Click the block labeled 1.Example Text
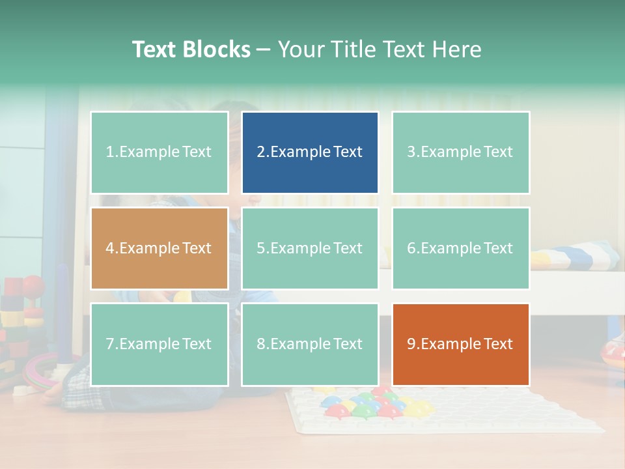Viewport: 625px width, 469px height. (160, 152)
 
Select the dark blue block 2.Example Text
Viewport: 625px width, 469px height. (310, 152)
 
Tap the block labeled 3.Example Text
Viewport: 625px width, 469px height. (460, 152)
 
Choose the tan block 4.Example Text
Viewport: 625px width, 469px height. (160, 248)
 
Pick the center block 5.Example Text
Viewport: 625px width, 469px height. (310, 248)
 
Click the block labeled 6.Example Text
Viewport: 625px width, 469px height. (460, 248)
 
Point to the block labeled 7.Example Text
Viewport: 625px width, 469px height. (160, 344)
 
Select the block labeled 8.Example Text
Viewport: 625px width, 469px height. (310, 344)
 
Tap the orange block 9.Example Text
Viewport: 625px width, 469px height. (460, 344)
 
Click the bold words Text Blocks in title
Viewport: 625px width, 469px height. (191, 50)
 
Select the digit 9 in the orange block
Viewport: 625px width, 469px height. (411, 344)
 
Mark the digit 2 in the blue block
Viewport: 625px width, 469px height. (260, 152)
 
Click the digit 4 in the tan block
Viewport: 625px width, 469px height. (110, 248)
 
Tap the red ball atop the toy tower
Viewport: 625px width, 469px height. (33, 285)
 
